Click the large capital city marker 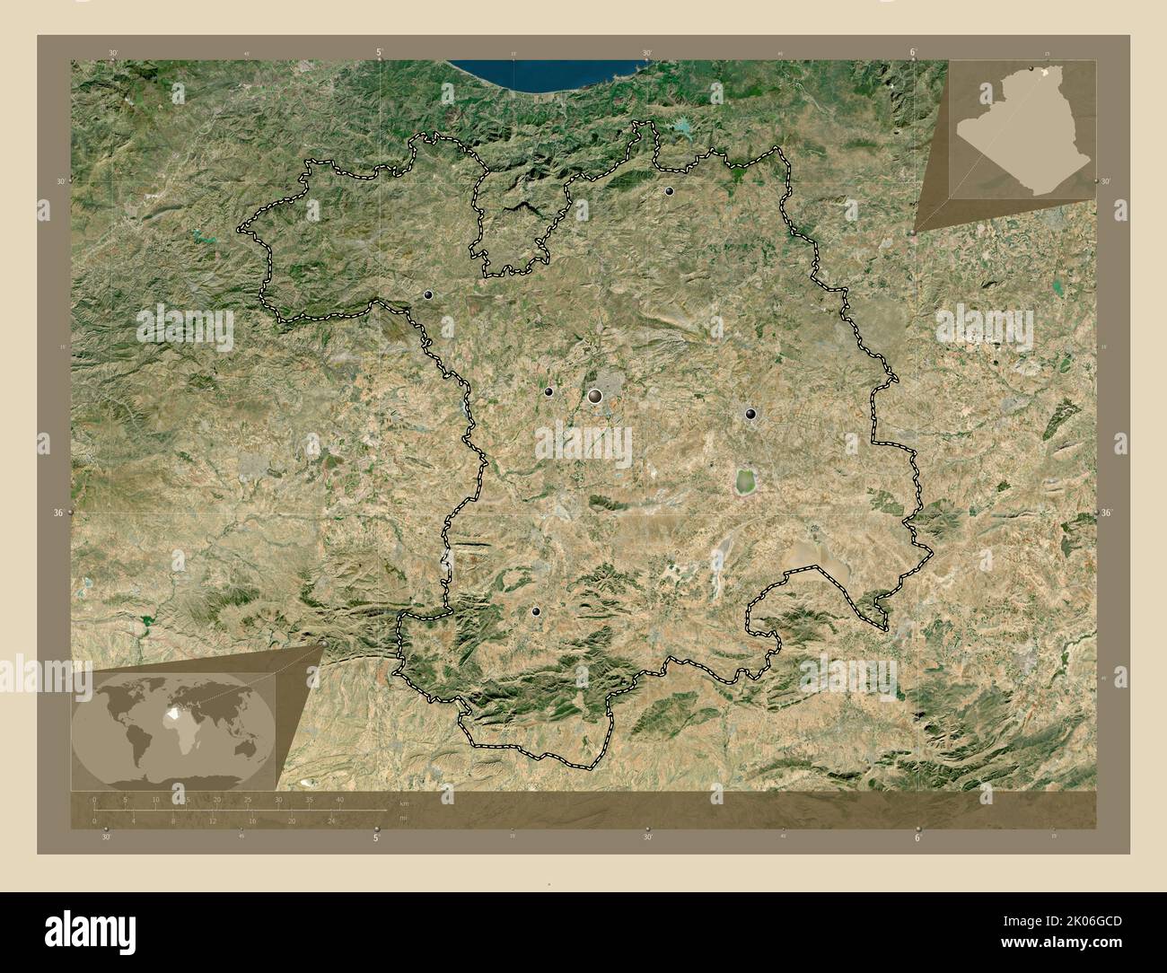(594, 396)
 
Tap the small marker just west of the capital (548, 391)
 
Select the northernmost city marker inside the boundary (669, 191)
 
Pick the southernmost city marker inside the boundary (536, 610)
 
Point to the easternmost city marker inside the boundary (750, 414)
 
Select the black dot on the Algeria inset (1031, 69)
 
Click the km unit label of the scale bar (404, 803)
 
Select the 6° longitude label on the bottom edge (917, 837)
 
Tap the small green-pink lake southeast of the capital (744, 481)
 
